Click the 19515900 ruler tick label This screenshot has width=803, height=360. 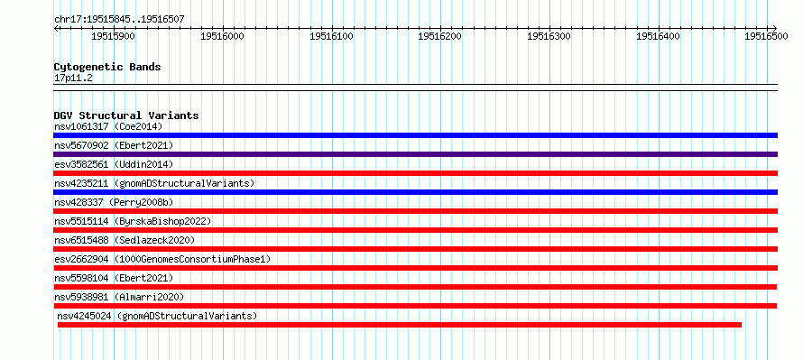pos(113,36)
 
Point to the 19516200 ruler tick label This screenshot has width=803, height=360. pos(440,36)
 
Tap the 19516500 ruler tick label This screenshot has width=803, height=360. pos(766,36)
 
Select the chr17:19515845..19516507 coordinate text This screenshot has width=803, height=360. pos(119,19)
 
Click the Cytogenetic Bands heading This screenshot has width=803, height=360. pos(107,67)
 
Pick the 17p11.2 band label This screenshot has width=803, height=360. pos(73,78)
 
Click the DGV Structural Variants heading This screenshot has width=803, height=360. pos(126,115)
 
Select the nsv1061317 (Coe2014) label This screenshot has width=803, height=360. pos(108,126)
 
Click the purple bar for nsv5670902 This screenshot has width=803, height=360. pos(416,154)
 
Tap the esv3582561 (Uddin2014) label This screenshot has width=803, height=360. pos(114,164)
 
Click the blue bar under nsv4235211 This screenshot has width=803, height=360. pos(416,192)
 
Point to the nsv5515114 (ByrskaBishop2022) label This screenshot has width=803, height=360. pos(133,221)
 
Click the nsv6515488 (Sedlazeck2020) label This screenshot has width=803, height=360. pos(125,240)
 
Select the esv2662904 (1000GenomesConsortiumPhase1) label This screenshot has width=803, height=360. pos(162,259)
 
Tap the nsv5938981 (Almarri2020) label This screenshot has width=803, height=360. pos(119,297)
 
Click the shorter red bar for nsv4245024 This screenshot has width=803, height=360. pos(400,325)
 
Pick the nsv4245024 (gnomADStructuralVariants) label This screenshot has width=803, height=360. pos(157,316)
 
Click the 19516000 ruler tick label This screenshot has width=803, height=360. pos(222,36)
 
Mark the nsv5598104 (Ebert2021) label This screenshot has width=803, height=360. pos(114,278)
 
